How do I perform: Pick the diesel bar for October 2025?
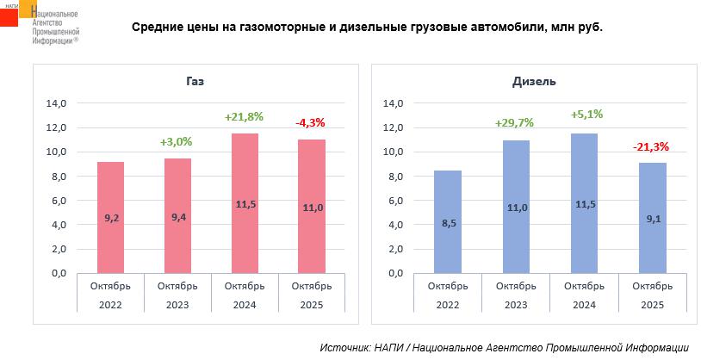click(653, 218)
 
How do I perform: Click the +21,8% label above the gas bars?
click(244, 116)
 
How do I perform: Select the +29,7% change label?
click(514, 122)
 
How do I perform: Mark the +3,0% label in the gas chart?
click(177, 141)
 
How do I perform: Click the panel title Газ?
click(195, 81)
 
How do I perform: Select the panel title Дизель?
click(534, 81)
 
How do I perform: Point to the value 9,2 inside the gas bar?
click(110, 219)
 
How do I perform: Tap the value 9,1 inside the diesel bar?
click(653, 219)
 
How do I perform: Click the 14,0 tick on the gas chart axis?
click(55, 103)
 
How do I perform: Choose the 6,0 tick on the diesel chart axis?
click(394, 201)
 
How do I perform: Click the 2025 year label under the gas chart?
click(312, 305)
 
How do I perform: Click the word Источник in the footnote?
click(344, 347)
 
